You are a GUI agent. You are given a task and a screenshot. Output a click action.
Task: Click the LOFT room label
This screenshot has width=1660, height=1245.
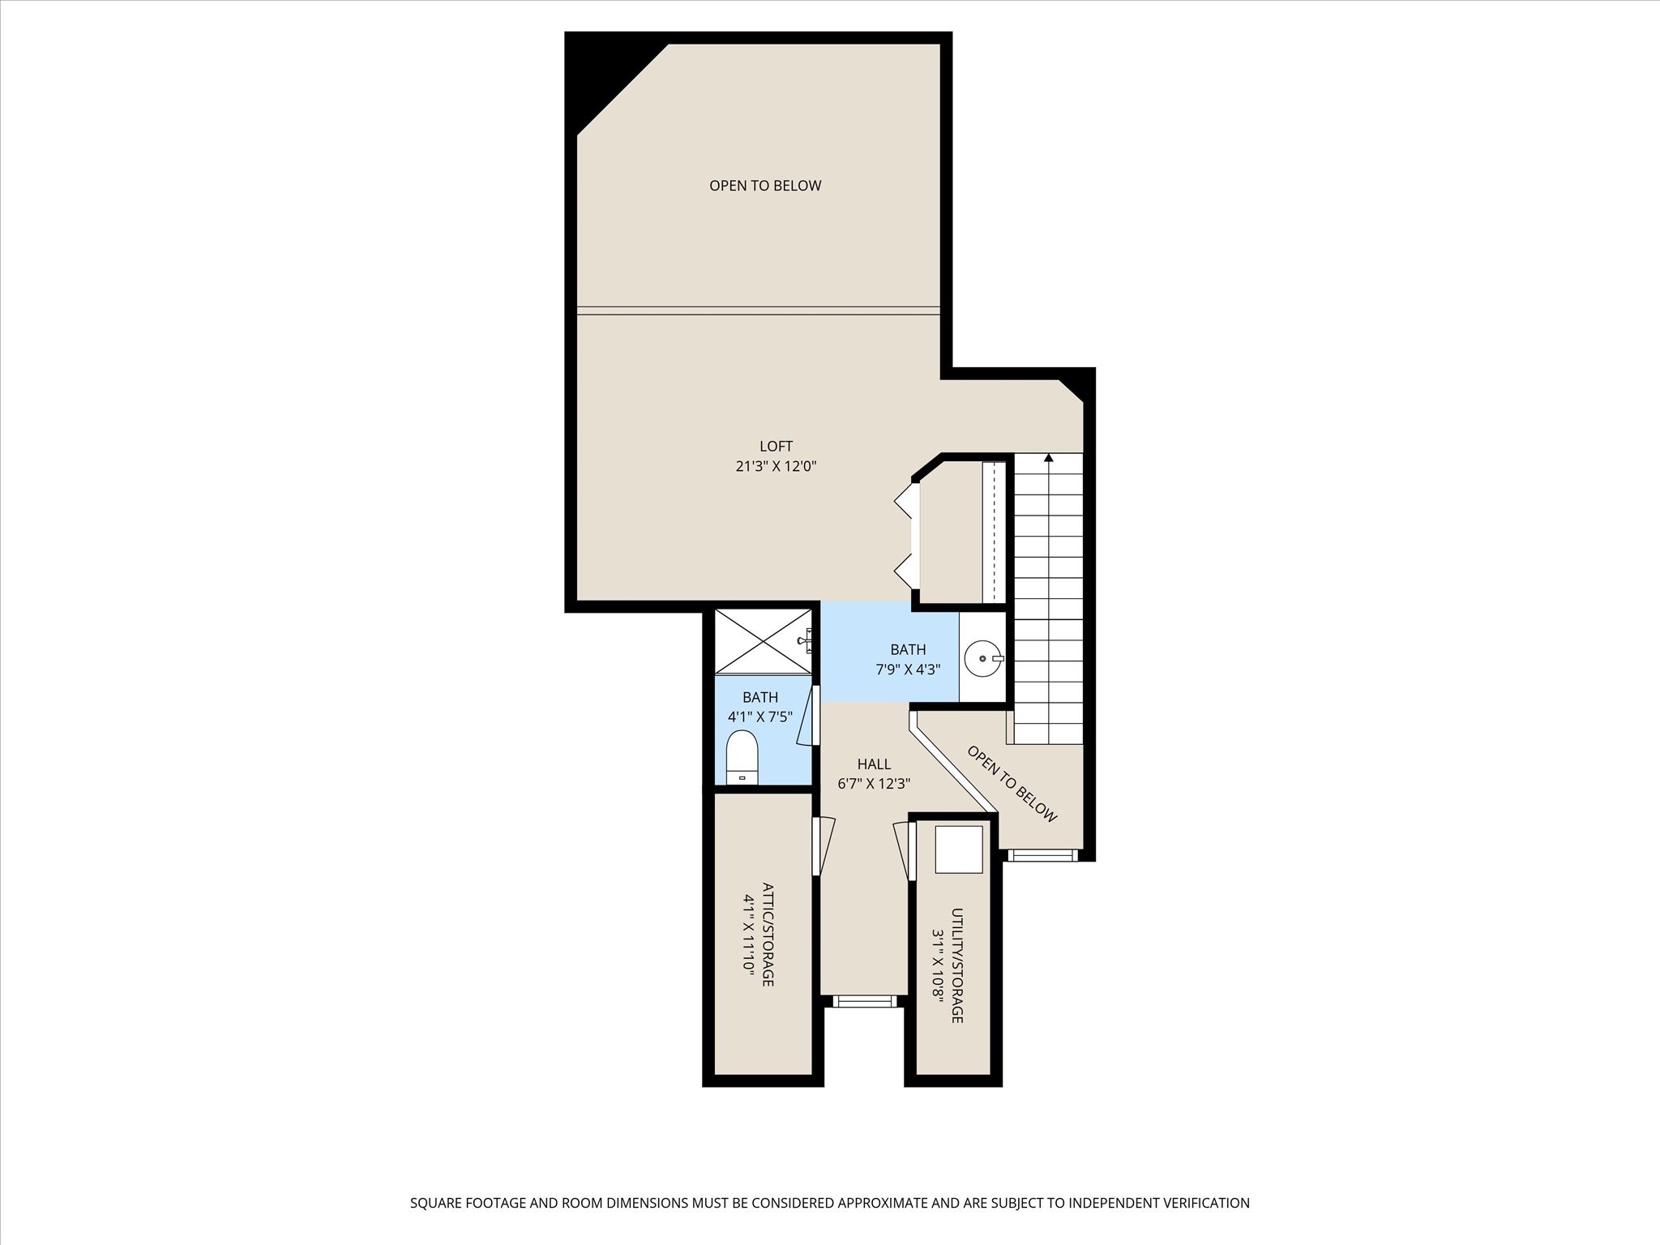point(776,446)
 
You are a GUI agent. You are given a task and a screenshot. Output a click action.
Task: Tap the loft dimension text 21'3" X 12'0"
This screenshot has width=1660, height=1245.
point(776,466)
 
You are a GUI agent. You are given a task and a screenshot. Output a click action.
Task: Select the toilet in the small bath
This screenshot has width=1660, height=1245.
point(742,757)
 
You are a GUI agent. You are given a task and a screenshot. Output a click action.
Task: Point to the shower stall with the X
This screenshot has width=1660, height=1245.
point(763,640)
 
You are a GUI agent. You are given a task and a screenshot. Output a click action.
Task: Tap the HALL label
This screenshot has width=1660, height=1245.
point(874,764)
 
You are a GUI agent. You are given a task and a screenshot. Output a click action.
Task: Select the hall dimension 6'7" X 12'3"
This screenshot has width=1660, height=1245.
point(874,784)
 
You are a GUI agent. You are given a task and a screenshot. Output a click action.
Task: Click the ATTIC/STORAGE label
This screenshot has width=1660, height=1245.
point(768,934)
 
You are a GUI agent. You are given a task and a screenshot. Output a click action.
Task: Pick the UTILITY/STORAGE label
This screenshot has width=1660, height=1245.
point(957,965)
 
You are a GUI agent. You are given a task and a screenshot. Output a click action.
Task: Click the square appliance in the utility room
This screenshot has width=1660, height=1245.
point(959,849)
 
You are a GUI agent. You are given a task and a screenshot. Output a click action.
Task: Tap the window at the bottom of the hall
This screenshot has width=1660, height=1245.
point(865,1002)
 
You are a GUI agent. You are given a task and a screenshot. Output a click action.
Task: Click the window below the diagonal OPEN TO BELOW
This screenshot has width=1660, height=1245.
point(1042,855)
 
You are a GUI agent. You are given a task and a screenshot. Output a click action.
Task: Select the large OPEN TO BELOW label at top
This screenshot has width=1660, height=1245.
point(765,186)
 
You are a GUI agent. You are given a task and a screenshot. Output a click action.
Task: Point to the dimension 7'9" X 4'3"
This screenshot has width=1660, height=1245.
point(908,670)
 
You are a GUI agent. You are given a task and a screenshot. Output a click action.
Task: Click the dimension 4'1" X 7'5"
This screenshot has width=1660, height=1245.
point(760,717)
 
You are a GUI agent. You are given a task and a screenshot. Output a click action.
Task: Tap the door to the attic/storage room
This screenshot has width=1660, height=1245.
point(823,845)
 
